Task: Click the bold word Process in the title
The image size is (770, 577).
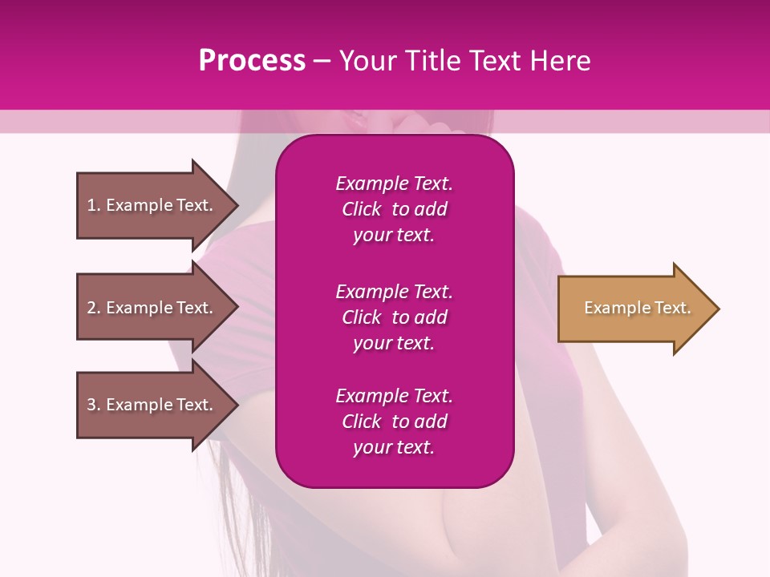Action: click(x=252, y=61)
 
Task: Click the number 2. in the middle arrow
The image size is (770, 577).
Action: click(x=94, y=308)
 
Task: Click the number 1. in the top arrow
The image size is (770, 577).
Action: click(x=94, y=205)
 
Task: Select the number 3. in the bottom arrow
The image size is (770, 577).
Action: click(x=94, y=405)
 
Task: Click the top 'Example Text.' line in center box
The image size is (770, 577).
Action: click(x=394, y=184)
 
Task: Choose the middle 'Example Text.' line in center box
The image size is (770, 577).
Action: click(x=394, y=292)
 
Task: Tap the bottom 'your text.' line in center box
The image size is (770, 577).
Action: click(x=394, y=448)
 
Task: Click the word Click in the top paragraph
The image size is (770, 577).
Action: click(x=361, y=209)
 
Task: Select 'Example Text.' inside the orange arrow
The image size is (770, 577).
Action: click(x=637, y=308)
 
